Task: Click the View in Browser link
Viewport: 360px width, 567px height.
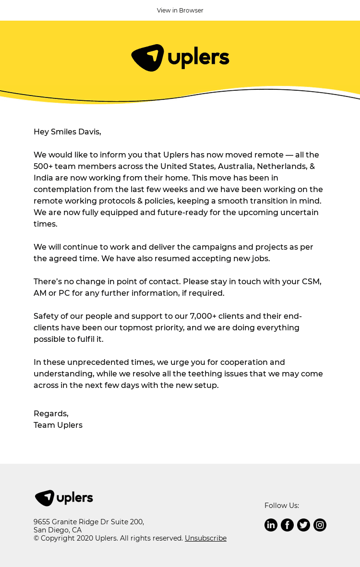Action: point(180,11)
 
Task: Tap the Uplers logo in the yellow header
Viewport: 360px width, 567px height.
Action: point(180,58)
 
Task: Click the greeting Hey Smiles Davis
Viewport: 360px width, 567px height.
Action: point(67,132)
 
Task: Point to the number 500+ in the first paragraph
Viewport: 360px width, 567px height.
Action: point(43,166)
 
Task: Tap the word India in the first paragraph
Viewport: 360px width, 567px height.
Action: point(43,178)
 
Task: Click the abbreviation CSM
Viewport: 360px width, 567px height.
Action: point(311,281)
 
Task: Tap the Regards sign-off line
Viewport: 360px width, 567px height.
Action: point(51,413)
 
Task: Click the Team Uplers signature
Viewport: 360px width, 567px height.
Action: point(58,425)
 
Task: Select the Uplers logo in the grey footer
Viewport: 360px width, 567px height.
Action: point(64,498)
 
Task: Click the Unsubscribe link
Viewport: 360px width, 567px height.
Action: point(205,538)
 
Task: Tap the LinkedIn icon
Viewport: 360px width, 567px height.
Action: point(271,525)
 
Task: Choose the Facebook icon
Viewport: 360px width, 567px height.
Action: point(287,525)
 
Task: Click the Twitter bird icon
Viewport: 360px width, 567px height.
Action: point(303,525)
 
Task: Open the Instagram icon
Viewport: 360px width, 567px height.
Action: point(320,525)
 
